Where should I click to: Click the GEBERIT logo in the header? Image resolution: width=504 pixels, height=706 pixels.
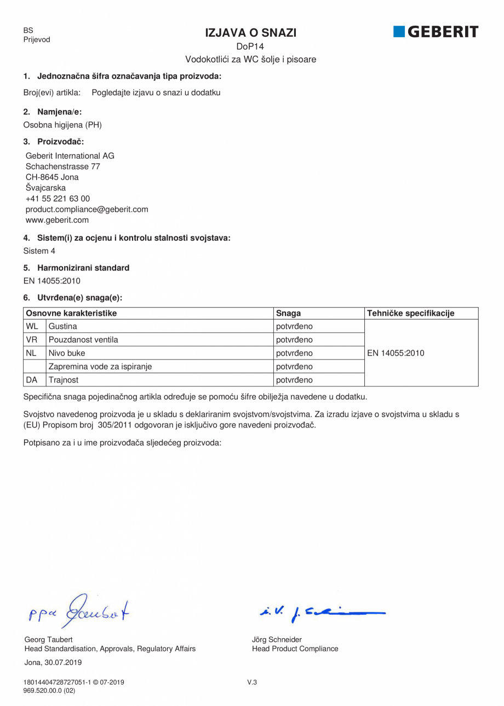pyautogui.click(x=436, y=32)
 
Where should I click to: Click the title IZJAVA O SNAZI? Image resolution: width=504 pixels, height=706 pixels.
pyautogui.click(x=250, y=33)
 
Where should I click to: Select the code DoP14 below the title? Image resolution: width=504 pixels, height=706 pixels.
pyautogui.click(x=250, y=47)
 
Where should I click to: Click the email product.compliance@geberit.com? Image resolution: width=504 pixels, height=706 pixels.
pyautogui.click(x=87, y=209)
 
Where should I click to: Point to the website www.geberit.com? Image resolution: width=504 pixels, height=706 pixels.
pyautogui.click(x=57, y=220)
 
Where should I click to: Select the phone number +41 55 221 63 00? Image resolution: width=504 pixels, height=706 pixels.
pyautogui.click(x=58, y=199)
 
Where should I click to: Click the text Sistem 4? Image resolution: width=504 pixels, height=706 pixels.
pyautogui.click(x=39, y=251)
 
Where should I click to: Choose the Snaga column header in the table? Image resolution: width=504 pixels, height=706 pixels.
pyautogui.click(x=288, y=313)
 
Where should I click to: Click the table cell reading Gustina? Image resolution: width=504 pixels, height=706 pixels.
pyautogui.click(x=63, y=326)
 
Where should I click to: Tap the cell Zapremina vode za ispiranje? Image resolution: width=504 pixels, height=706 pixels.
pyautogui.click(x=100, y=366)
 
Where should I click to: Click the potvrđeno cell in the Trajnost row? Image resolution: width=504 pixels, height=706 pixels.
pyautogui.click(x=294, y=379)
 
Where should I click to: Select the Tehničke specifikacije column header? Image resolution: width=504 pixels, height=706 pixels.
pyautogui.click(x=411, y=313)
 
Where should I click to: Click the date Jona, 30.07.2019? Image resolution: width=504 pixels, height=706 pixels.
pyautogui.click(x=53, y=662)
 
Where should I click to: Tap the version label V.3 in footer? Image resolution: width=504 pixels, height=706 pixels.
pyautogui.click(x=252, y=682)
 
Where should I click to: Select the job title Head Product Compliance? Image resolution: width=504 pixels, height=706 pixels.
pyautogui.click(x=295, y=649)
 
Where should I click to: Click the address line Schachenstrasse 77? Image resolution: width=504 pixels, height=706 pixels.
pyautogui.click(x=62, y=166)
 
